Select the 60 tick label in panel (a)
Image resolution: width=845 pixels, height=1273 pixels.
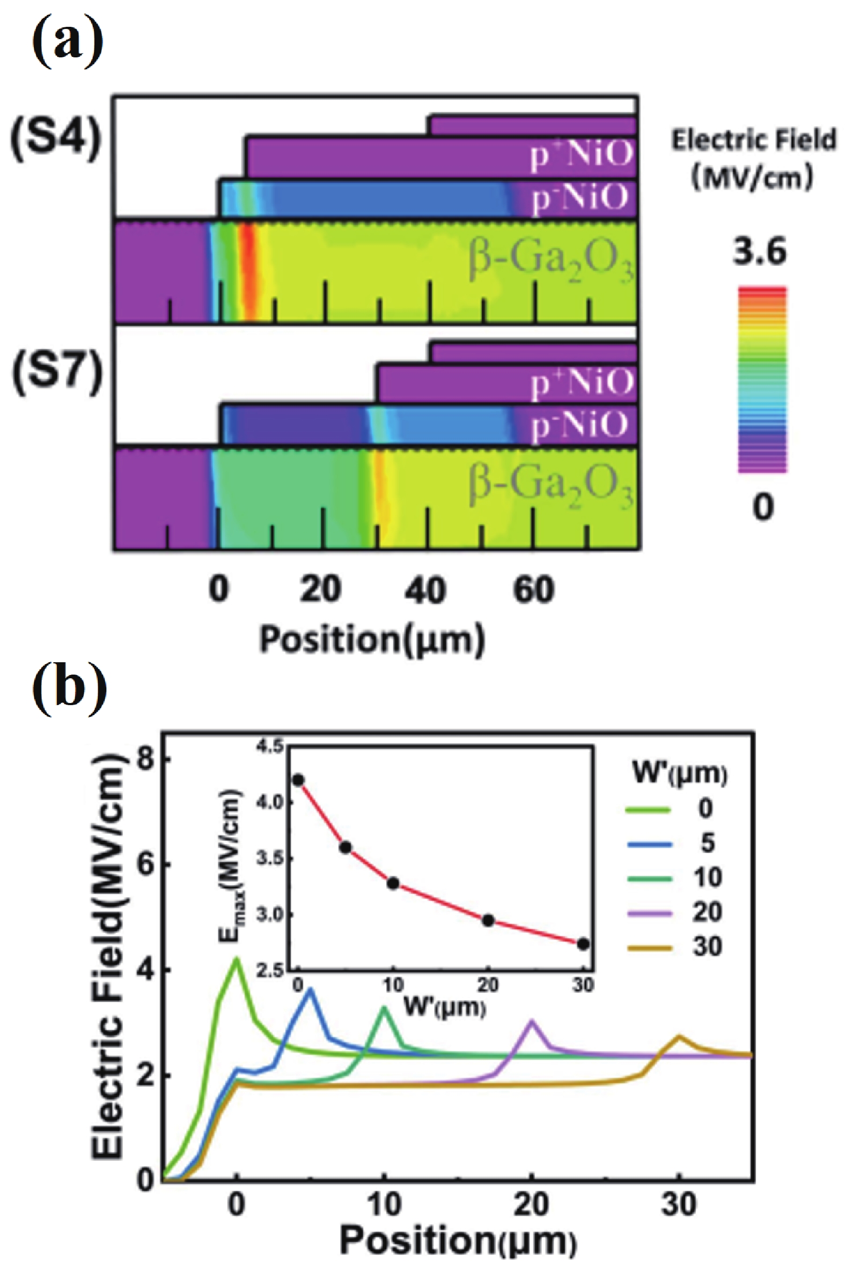[x=533, y=589]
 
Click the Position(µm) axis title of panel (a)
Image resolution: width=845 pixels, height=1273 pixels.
[x=372, y=640]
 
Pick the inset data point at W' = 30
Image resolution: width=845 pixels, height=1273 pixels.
[x=583, y=944]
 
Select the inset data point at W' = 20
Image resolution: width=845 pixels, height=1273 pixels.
[x=488, y=921]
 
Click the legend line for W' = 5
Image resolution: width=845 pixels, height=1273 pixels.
[x=648, y=845]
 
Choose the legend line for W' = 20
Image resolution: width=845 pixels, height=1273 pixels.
[x=648, y=913]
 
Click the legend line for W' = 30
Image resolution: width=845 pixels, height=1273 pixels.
[x=648, y=948]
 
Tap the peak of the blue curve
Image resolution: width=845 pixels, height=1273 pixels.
[x=310, y=989]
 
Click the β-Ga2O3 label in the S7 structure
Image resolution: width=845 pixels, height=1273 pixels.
[x=550, y=486]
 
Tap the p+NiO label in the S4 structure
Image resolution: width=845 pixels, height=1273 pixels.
[x=581, y=156]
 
